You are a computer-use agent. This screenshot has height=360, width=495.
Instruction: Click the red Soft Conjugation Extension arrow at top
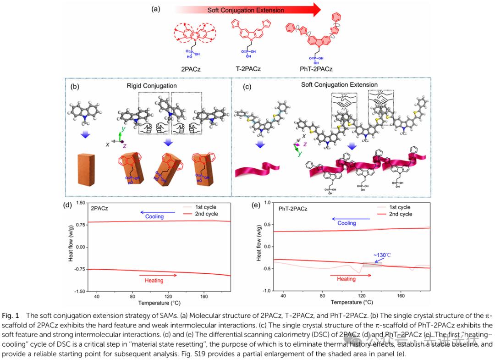[247, 10]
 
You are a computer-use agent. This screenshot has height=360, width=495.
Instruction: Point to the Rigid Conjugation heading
[152, 86]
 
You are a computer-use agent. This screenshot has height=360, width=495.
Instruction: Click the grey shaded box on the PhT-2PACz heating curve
[372, 264]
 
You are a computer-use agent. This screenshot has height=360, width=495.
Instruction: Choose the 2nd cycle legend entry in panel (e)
[400, 214]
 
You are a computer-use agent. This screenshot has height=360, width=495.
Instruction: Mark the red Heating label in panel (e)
[346, 279]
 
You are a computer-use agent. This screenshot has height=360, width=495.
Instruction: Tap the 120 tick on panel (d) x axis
[168, 297]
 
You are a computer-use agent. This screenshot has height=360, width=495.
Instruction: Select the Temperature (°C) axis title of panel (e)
[352, 303]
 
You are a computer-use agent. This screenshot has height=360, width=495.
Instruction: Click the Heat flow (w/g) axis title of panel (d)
[71, 247]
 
